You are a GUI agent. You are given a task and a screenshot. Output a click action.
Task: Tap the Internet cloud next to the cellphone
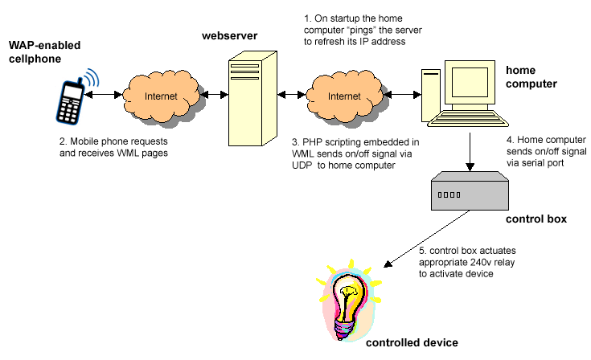point(158,96)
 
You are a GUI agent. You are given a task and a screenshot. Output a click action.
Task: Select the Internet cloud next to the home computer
point(343,96)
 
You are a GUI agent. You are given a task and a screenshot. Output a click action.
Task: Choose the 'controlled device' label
point(412,342)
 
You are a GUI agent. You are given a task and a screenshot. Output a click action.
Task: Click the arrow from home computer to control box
point(469,152)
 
